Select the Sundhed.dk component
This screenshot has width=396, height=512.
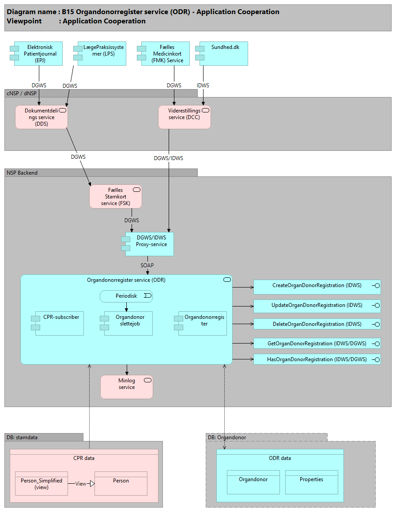(x=223, y=53)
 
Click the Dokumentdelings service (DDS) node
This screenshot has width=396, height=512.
(x=41, y=117)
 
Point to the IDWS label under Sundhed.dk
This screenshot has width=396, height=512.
(x=203, y=86)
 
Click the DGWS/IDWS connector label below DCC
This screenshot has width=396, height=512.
(x=168, y=158)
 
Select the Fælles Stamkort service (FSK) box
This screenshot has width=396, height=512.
(x=116, y=196)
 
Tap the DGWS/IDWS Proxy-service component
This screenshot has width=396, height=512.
(x=149, y=244)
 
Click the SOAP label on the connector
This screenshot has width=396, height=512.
(x=147, y=265)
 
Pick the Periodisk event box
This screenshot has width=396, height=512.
(x=126, y=296)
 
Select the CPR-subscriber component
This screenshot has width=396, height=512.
(x=60, y=323)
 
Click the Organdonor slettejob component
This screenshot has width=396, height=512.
(x=128, y=323)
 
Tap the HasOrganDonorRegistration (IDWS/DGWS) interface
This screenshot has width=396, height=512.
(x=317, y=359)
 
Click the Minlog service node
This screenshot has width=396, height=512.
(x=127, y=387)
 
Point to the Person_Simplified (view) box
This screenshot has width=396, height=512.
(x=41, y=483)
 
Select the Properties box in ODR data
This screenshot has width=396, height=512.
(x=311, y=482)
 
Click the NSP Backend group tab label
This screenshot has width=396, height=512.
(x=22, y=173)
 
